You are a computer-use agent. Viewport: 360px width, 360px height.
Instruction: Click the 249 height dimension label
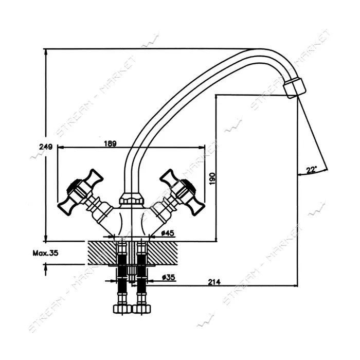click(x=46, y=147)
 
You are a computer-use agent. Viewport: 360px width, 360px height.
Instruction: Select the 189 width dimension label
click(x=111, y=143)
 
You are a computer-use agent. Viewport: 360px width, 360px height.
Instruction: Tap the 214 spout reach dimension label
click(x=214, y=282)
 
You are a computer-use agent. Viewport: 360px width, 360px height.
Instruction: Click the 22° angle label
click(x=311, y=170)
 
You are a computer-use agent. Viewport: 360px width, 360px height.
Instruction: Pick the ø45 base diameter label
click(x=167, y=233)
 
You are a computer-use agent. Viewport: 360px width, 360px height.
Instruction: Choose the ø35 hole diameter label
click(x=168, y=277)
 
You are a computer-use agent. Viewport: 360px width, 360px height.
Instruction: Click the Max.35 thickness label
click(x=45, y=253)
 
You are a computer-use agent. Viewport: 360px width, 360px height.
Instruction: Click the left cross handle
click(x=79, y=193)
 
